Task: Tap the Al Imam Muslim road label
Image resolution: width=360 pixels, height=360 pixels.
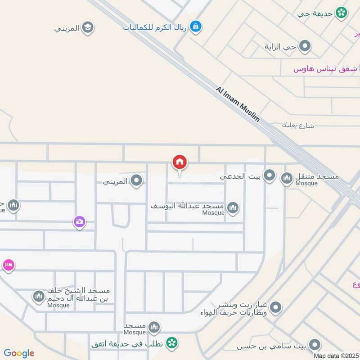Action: pos(238,104)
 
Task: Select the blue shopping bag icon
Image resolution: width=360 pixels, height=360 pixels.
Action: pos(196,27)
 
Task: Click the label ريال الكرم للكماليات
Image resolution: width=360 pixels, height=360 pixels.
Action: pos(155,27)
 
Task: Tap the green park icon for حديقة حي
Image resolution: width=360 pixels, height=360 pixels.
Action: pos(342,13)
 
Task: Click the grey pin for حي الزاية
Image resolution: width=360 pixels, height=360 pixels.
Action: pos(305,46)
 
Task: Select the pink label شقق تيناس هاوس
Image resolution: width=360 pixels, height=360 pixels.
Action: pos(325,69)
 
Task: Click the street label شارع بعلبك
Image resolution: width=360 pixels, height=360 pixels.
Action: pos(297,125)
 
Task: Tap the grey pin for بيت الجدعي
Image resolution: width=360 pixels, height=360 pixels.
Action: pos(270,176)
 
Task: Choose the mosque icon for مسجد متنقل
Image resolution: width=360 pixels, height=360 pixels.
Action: pos(287,179)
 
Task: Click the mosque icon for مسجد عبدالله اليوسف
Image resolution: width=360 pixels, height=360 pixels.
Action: pos(233,207)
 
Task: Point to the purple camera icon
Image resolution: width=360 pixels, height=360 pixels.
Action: pos(80,221)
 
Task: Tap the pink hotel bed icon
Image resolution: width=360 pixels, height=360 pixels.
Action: pos(8,265)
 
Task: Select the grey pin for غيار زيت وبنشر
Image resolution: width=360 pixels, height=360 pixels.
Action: pos(276,308)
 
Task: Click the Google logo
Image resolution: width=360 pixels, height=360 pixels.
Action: pos(19,353)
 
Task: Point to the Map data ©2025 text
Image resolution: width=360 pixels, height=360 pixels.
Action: pos(336,355)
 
